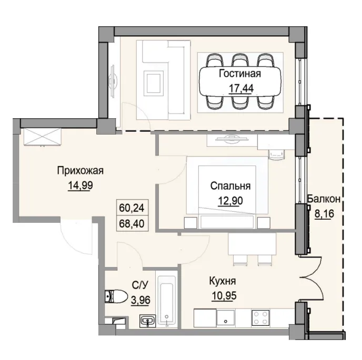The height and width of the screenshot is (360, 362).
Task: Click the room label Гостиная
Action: (x=239, y=74)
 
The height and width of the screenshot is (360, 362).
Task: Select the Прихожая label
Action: (x=79, y=170)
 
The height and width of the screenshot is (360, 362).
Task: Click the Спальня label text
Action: (x=229, y=186)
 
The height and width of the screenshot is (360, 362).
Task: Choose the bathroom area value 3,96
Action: (x=138, y=301)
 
